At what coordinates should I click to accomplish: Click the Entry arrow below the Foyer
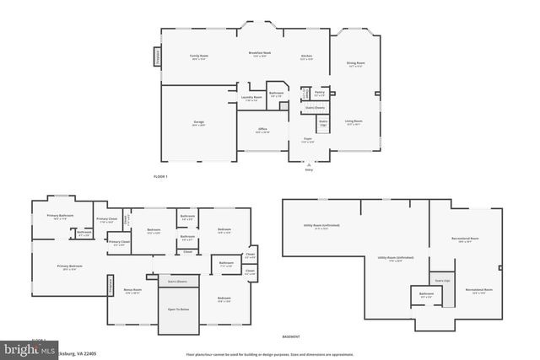308,163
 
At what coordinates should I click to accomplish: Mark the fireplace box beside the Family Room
157,57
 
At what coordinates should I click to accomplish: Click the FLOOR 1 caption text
160,176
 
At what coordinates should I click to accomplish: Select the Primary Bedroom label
69,267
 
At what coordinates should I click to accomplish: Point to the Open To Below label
177,309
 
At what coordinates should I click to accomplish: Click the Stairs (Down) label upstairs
177,282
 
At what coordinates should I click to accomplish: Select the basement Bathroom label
427,295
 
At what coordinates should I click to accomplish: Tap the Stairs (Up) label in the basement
442,280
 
